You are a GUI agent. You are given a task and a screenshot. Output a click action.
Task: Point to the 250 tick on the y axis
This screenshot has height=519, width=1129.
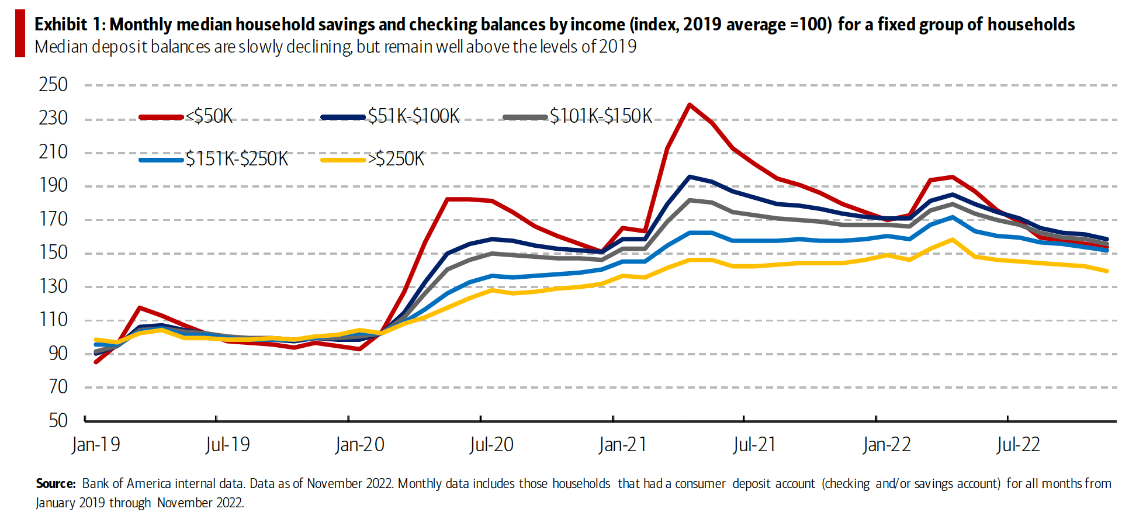coord(53,85)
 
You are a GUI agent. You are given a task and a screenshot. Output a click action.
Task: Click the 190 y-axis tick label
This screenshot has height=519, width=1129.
coord(53,186)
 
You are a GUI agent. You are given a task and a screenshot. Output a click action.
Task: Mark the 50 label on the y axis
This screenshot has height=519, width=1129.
coord(58,420)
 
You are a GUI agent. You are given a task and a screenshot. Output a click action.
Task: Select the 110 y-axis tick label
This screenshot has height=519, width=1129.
coord(53,320)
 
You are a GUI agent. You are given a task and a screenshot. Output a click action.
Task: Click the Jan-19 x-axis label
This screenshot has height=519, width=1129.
coord(96,445)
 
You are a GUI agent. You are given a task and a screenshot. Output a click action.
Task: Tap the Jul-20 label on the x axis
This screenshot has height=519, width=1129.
coord(491,445)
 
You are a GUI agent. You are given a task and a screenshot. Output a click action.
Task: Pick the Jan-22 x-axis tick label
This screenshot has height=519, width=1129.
coord(886,445)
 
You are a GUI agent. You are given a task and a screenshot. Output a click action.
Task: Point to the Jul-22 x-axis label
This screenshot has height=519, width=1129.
coord(1019,445)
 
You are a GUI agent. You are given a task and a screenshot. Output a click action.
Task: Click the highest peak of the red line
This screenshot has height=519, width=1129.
coord(690,105)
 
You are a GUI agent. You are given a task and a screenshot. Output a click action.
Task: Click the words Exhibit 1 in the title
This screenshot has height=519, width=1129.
coord(69,25)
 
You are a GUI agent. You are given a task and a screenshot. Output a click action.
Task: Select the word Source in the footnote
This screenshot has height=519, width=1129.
coord(56,484)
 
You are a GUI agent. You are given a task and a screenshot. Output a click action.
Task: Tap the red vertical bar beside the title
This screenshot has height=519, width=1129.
coord(20,34)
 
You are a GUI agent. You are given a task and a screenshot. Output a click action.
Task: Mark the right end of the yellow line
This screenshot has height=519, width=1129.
coord(1107,271)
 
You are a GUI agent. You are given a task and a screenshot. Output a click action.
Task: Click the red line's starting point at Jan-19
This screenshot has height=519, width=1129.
coord(96,362)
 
